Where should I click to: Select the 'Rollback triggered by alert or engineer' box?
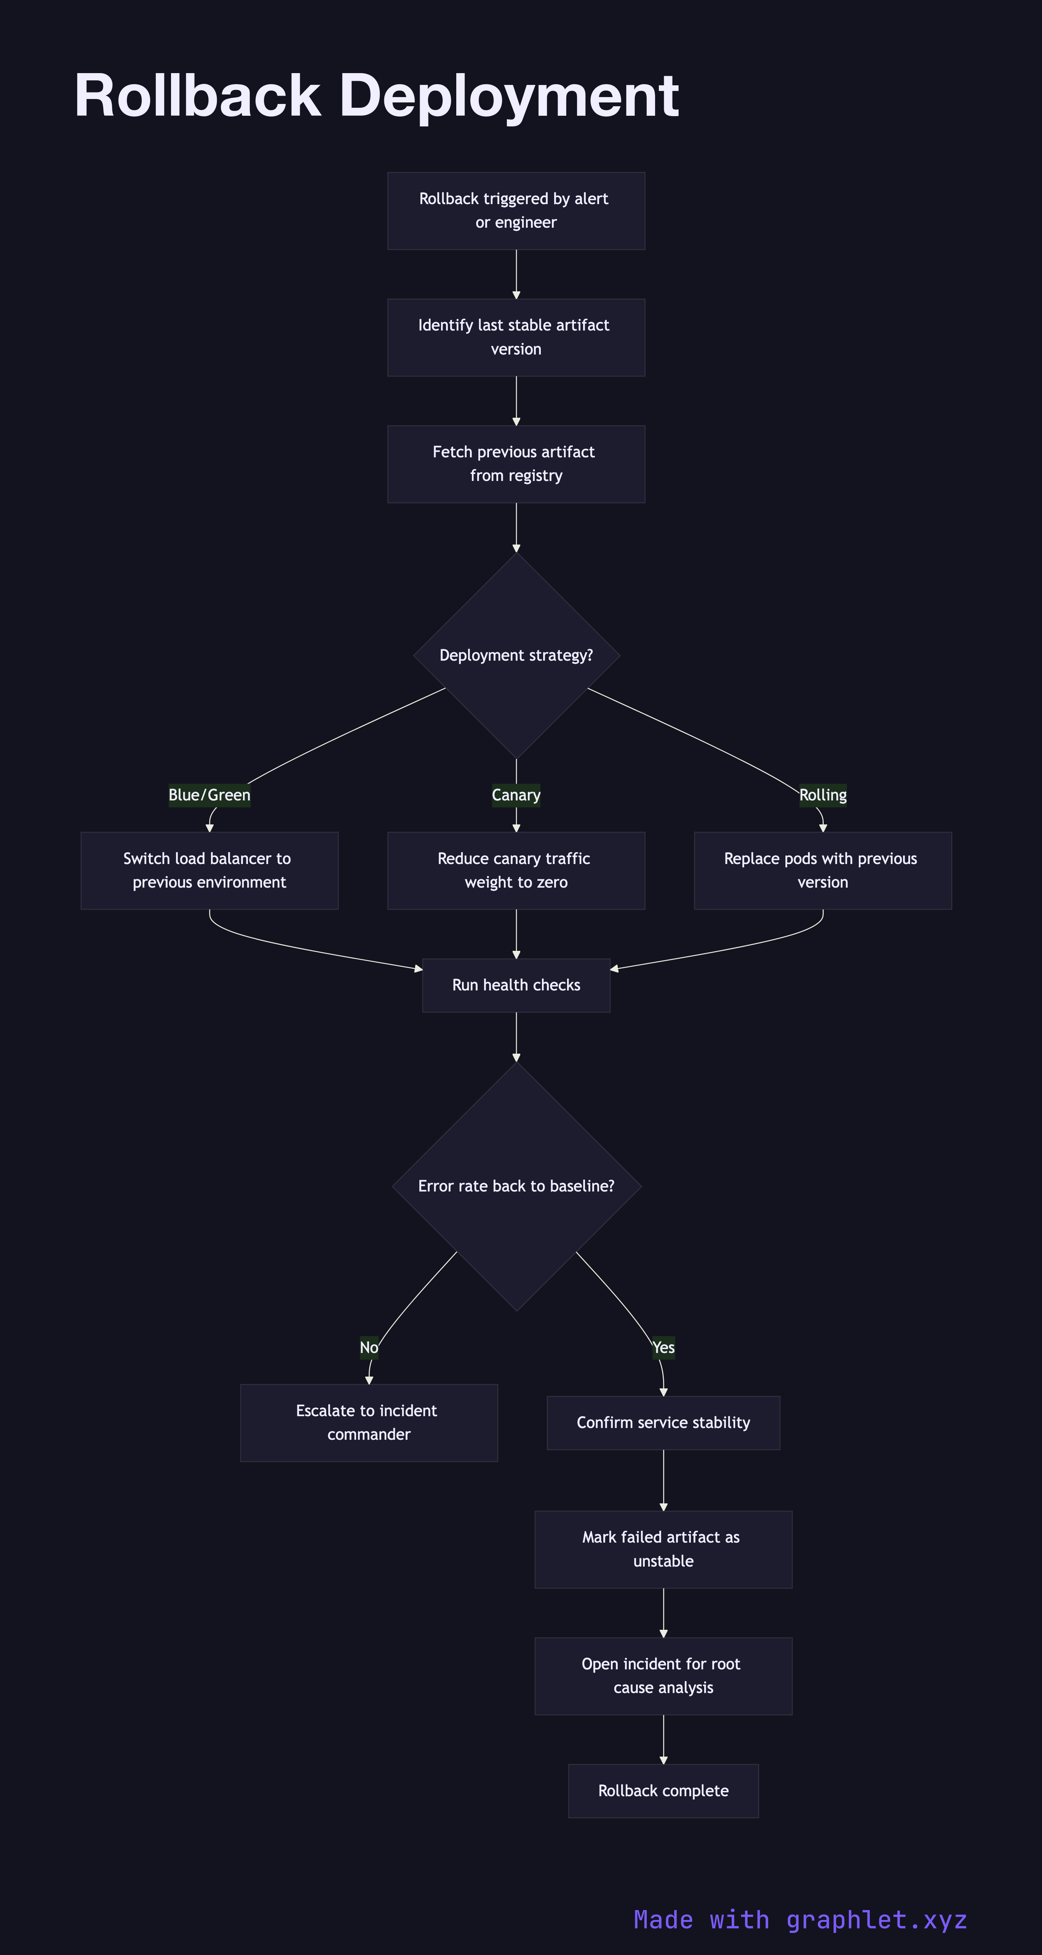pos(516,211)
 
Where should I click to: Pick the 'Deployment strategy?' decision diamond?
pos(516,655)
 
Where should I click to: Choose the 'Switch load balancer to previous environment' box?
pos(209,870)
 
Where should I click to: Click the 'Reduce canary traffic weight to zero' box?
pos(516,870)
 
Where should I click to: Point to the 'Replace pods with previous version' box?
pos(823,870)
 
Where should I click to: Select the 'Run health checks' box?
pos(516,985)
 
